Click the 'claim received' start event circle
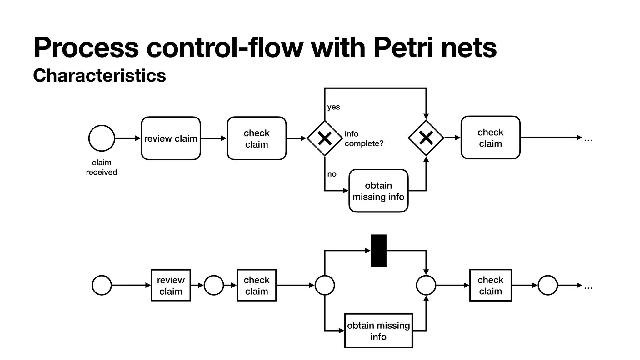pyautogui.click(x=102, y=138)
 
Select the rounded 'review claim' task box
pyautogui.click(x=171, y=138)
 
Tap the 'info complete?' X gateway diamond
pyautogui.click(x=325, y=138)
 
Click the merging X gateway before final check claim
pyautogui.click(x=426, y=138)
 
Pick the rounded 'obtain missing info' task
pyautogui.click(x=378, y=191)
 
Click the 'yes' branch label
pyautogui.click(x=333, y=107)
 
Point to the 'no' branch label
pyautogui.click(x=332, y=174)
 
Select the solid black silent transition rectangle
pyautogui.click(x=378, y=251)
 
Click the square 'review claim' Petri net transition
pyautogui.click(x=171, y=285)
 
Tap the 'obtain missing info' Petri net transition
pyautogui.click(x=378, y=331)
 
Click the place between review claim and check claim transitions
pyautogui.click(x=214, y=285)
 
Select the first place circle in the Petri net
pyautogui.click(x=102, y=285)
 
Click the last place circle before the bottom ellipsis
pyautogui.click(x=547, y=285)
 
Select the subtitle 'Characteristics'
pyautogui.click(x=99, y=75)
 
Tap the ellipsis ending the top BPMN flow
pyautogui.click(x=588, y=139)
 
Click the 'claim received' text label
pyautogui.click(x=102, y=167)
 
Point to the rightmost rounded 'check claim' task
pyautogui.click(x=490, y=137)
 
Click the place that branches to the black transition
pyautogui.click(x=325, y=285)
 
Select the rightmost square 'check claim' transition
pyautogui.click(x=490, y=285)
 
